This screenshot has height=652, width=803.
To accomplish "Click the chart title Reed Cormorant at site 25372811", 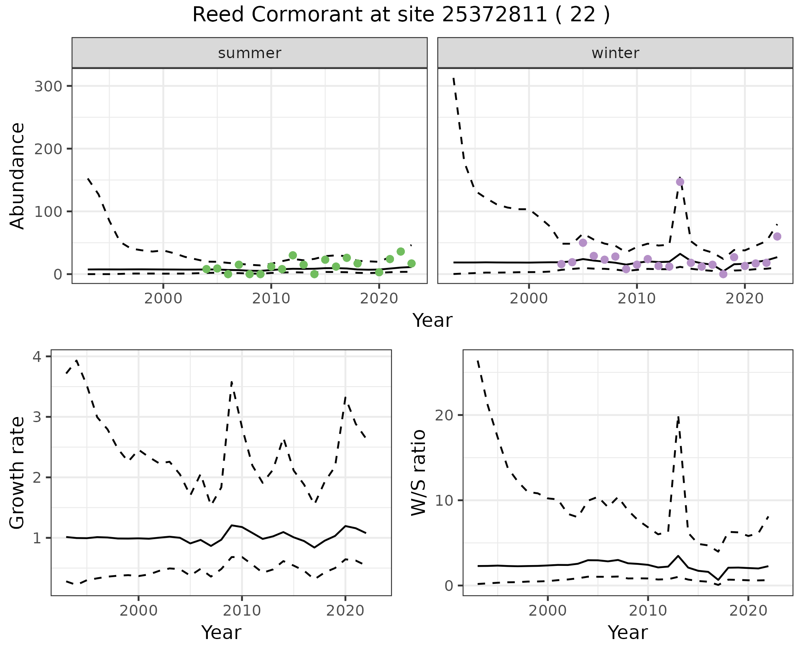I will [x=401, y=15].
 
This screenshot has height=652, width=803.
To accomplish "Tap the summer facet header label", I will [x=250, y=53].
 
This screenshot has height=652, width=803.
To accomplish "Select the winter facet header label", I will [x=615, y=53].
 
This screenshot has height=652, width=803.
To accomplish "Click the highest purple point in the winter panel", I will [x=680, y=182].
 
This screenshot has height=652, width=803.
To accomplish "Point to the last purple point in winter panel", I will [x=777, y=237].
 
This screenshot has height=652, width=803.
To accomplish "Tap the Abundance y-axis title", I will [x=18, y=176].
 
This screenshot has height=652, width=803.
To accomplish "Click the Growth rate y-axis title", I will [x=18, y=473].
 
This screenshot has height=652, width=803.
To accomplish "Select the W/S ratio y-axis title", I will [x=418, y=473].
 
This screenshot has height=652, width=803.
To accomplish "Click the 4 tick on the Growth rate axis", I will [x=38, y=357].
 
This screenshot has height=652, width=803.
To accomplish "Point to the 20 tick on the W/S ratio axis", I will [x=446, y=415].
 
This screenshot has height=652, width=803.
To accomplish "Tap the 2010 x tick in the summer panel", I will [x=271, y=298].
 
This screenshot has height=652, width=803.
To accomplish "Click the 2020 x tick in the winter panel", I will [x=744, y=298].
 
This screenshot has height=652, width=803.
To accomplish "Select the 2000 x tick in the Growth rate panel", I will [x=138, y=611].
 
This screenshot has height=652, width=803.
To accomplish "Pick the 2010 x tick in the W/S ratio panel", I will [x=648, y=611].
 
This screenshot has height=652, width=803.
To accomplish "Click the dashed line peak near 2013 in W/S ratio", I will [x=678, y=416].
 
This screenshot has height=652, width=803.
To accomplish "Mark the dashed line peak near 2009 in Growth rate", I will [x=232, y=382].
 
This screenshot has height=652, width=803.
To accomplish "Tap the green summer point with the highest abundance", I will [x=401, y=252].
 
